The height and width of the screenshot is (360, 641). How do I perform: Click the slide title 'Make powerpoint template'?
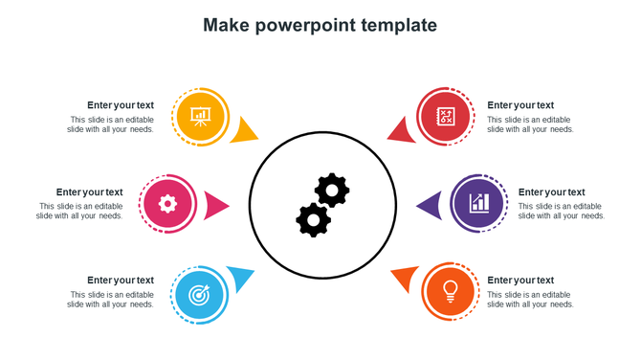click(x=320, y=25)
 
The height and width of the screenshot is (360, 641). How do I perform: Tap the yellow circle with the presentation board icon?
click(x=200, y=116)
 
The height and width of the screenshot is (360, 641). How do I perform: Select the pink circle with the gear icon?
click(x=167, y=203)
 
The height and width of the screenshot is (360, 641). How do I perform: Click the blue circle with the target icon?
click(x=199, y=293)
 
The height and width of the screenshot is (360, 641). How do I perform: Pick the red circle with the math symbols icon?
click(x=446, y=116)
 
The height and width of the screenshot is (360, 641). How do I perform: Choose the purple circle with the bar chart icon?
click(x=478, y=203)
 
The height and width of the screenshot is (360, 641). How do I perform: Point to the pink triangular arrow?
click(x=216, y=204)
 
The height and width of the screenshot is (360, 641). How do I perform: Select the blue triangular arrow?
click(x=241, y=278)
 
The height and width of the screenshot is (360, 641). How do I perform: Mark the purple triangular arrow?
click(x=430, y=204)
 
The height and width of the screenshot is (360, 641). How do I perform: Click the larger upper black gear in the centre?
click(x=332, y=190)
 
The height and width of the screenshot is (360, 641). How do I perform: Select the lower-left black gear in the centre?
click(x=313, y=220)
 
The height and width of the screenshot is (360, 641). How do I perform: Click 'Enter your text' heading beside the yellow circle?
click(x=121, y=105)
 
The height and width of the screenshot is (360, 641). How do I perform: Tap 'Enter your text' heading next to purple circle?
click(x=551, y=192)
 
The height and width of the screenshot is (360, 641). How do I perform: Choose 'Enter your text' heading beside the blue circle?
click(x=121, y=281)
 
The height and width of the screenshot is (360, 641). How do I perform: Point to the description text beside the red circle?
click(x=530, y=124)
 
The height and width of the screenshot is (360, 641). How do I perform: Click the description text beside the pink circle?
click(x=80, y=212)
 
